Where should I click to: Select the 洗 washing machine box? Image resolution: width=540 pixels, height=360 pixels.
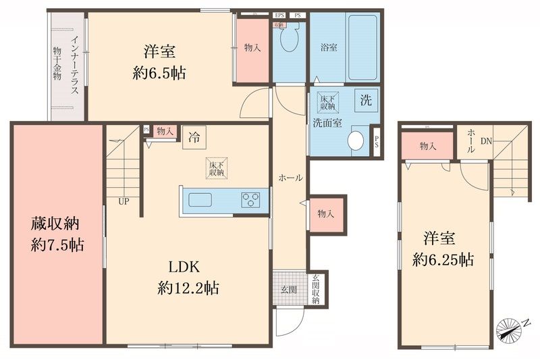[x=365, y=102]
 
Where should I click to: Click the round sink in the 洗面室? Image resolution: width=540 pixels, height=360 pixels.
[x=356, y=140]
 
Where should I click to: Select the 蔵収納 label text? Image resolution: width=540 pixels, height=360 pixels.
[x=57, y=222]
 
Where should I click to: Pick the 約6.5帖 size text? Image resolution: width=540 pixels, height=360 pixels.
[x=159, y=73]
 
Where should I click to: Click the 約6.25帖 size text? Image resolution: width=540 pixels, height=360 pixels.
[x=443, y=259]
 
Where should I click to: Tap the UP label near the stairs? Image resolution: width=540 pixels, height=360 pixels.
[x=124, y=201]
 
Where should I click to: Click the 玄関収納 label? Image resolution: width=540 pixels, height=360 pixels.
[x=315, y=289]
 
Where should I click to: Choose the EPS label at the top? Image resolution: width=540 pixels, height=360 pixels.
[x=279, y=15]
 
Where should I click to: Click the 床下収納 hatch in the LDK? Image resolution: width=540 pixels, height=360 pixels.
[x=216, y=168]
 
